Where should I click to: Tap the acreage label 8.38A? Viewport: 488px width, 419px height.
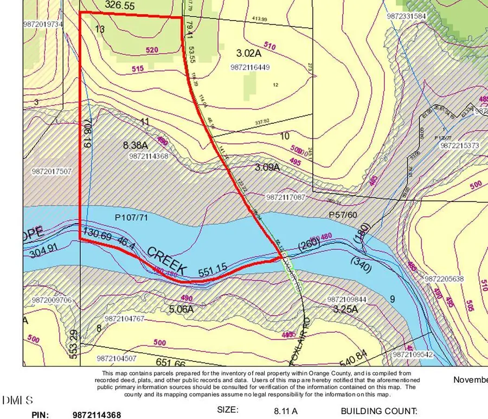pos(136,145)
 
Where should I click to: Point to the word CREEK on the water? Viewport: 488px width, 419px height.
pos(167,260)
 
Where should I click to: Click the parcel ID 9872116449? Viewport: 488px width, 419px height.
pos(250,67)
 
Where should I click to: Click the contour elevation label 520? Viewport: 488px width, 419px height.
pos(153,50)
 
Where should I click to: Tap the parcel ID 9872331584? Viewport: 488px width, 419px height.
pos(407,16)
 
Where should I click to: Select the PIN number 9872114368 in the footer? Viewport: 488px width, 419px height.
pos(97,415)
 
